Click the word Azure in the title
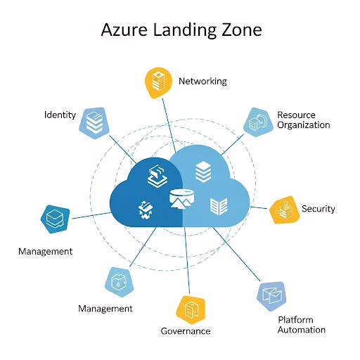[124, 30]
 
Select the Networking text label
[202, 82]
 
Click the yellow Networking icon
[159, 83]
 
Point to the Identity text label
[60, 115]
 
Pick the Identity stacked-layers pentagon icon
[94, 123]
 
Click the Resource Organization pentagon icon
[258, 122]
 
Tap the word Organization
[304, 125]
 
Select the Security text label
[319, 209]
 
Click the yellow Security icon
[284, 210]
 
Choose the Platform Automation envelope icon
[272, 296]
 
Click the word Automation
[302, 330]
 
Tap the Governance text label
[186, 331]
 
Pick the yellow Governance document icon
[191, 310]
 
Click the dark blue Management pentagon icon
[56, 219]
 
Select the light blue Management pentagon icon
[120, 282]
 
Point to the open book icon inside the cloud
[219, 206]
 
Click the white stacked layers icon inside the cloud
[203, 172]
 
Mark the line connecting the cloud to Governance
[187, 260]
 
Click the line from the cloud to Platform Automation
[236, 254]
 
